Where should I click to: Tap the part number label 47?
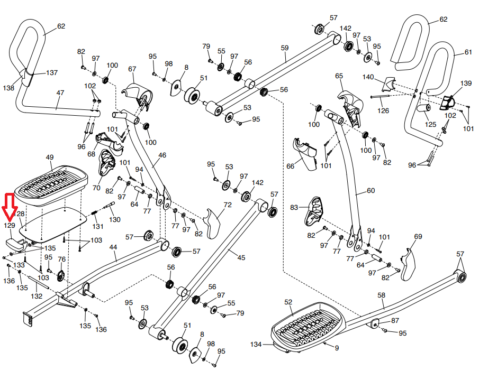(60, 93)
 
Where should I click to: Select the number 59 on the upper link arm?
(285, 48)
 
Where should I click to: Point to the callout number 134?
(257, 345)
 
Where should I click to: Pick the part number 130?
(115, 219)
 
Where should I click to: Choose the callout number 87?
(395, 321)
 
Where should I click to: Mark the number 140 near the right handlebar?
(368, 77)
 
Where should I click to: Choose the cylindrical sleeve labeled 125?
(423, 112)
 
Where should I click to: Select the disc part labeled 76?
(60, 275)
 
